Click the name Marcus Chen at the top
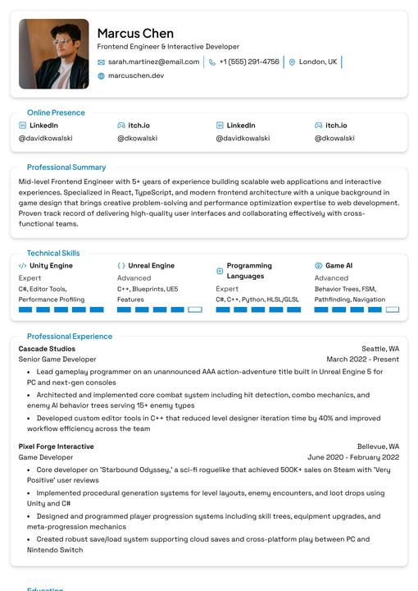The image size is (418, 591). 135,34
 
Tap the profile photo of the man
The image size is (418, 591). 54,54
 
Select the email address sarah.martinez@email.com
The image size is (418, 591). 153,62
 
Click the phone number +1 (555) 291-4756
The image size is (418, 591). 248,62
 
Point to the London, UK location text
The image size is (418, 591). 317,62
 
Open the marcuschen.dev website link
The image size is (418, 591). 135,76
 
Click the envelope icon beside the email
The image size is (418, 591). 102,62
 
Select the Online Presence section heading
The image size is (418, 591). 56,112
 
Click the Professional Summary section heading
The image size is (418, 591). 66,167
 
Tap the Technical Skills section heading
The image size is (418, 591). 53,253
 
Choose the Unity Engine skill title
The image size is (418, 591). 51,266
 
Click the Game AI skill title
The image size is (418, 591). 338,266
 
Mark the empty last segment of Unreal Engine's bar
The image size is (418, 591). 195,309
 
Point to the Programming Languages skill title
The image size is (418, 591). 249,271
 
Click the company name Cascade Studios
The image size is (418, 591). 47,349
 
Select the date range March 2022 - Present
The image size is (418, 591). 362,360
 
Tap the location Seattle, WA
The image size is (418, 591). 380,349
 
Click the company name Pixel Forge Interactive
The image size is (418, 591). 56,447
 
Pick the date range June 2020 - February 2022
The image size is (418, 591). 353,457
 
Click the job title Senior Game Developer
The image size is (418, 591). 57,360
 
